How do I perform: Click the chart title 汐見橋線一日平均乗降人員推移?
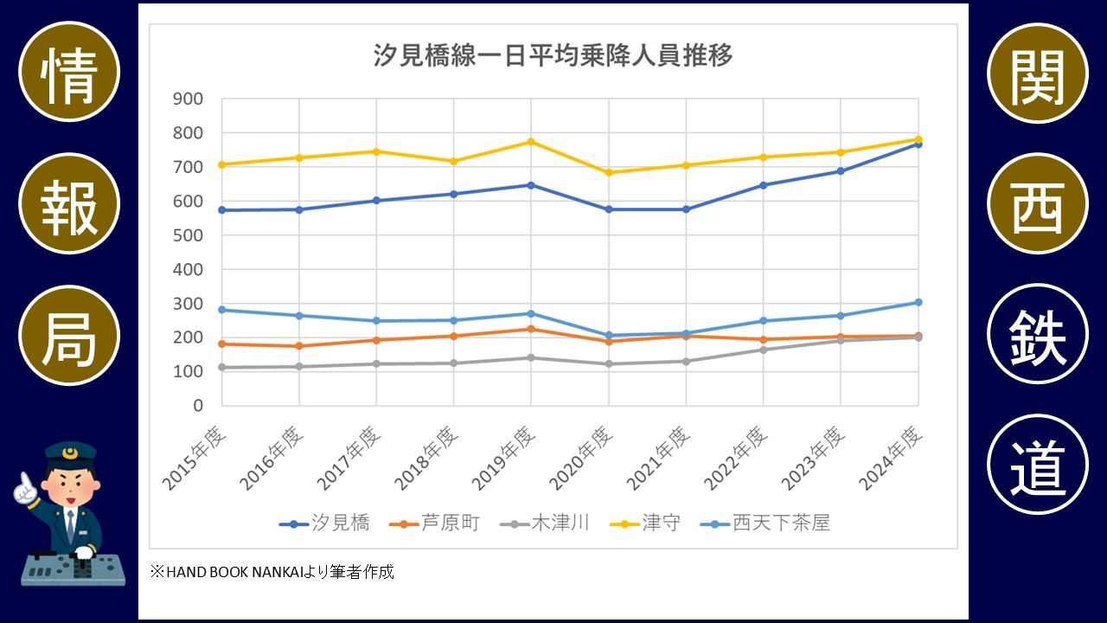(x=553, y=55)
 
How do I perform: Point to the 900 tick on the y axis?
(x=188, y=99)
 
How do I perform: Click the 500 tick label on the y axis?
(x=188, y=235)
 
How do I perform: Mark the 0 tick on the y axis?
(x=198, y=405)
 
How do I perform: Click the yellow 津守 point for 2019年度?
(x=531, y=141)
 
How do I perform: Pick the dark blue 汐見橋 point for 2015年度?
(x=221, y=210)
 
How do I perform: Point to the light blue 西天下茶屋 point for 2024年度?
(x=918, y=302)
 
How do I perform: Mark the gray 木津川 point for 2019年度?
(x=531, y=357)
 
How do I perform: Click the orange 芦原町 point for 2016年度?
(x=299, y=346)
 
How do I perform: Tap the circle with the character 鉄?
(x=1037, y=334)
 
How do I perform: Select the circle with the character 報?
(x=69, y=203)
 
